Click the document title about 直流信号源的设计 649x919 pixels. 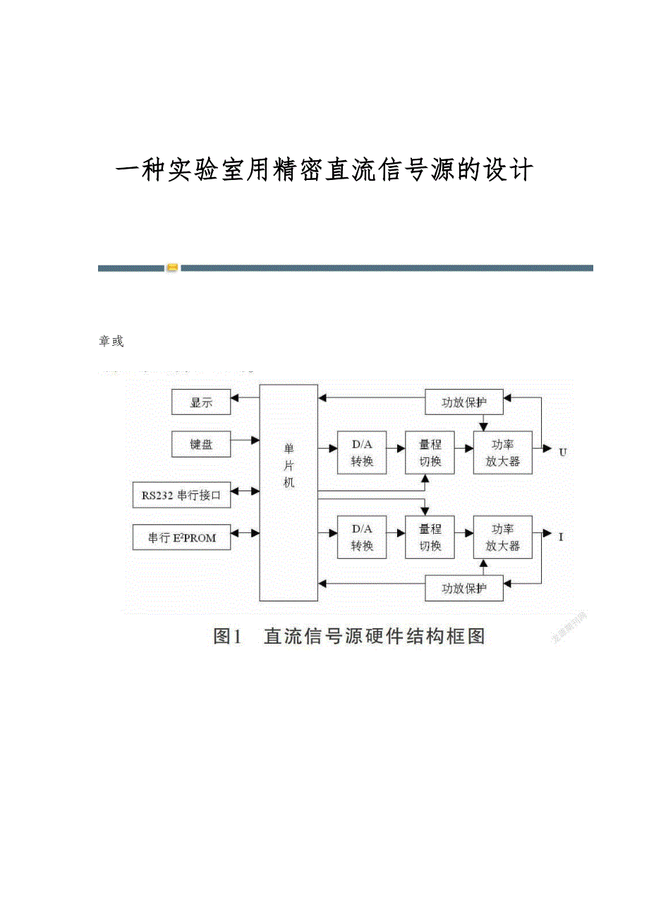[x=324, y=171]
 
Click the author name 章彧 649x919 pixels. [x=111, y=342]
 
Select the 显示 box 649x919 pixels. [x=201, y=403]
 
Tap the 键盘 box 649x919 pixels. [x=201, y=445]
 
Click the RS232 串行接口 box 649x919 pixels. [x=181, y=495]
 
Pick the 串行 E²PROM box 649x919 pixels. [x=181, y=538]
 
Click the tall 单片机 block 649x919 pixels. [x=289, y=492]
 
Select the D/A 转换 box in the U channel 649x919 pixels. [x=362, y=452]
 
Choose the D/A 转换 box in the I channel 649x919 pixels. [x=362, y=537]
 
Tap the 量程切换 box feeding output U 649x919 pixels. [x=430, y=452]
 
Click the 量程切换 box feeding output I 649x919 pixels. [x=430, y=537]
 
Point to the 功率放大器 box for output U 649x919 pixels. [x=502, y=452]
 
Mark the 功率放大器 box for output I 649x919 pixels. [x=502, y=537]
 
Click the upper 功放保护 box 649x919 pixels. [x=463, y=402]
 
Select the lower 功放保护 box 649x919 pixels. [x=463, y=588]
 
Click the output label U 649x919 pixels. [x=562, y=452]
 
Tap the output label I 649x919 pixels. [x=561, y=537]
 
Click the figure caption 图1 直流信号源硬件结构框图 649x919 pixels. [x=349, y=636]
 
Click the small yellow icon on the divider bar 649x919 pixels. [x=172, y=268]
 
